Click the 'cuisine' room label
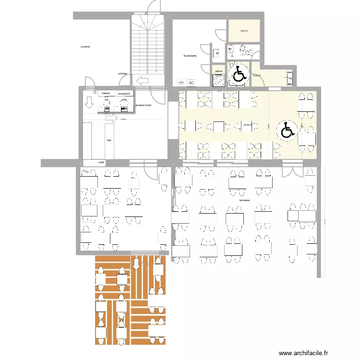pos(85,47)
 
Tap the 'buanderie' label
pos(190,56)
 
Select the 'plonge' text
pos(123,73)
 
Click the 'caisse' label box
pos(105,93)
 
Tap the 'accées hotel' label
pos(144,105)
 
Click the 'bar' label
pos(109,140)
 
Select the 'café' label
pos(101,163)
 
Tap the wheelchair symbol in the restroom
pos(238,74)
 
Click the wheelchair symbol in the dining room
pos(287,130)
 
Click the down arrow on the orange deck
pos(136,263)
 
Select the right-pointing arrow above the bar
pos(111,118)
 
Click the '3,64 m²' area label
pos(244,31)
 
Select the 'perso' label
pos(219,71)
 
